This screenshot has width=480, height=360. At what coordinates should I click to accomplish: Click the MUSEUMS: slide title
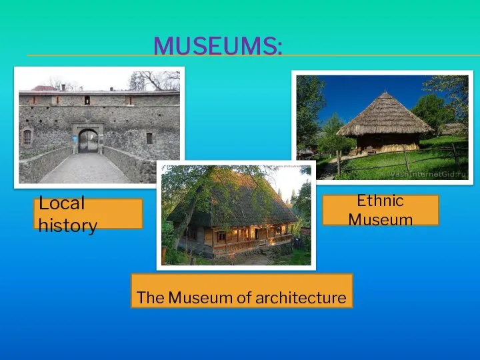(x=217, y=46)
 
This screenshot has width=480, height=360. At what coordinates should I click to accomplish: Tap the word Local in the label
(x=61, y=203)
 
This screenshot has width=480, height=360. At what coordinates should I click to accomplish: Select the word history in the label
(x=67, y=225)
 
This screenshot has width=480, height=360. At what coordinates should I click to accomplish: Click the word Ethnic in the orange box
(x=380, y=201)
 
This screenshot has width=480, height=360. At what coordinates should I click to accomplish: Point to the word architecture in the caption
(x=301, y=297)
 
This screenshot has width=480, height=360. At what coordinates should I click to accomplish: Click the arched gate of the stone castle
(x=88, y=141)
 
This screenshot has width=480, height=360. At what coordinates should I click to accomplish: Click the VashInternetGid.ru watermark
(x=428, y=175)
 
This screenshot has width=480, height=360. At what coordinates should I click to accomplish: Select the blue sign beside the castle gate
(x=74, y=139)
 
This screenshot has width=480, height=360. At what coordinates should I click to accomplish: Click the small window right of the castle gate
(x=149, y=139)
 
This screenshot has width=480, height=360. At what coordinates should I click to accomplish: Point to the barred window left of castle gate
(x=27, y=137)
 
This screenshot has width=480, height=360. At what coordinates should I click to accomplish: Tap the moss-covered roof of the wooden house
(x=233, y=199)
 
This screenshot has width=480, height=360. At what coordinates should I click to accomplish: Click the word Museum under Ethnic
(x=381, y=220)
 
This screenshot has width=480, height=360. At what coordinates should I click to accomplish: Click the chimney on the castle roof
(x=63, y=87)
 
